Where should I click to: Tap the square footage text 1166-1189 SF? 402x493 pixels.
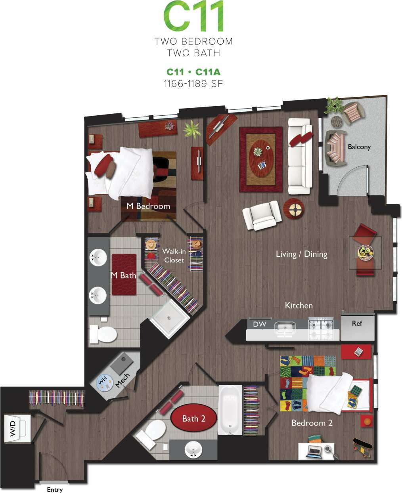[193, 84]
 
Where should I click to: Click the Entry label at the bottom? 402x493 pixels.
[55, 489]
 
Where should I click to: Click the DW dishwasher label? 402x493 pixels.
[260, 324]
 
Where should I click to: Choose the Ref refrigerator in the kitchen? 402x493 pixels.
[357, 327]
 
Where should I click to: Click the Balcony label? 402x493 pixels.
[359, 147]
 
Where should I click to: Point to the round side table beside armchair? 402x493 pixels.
[294, 208]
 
